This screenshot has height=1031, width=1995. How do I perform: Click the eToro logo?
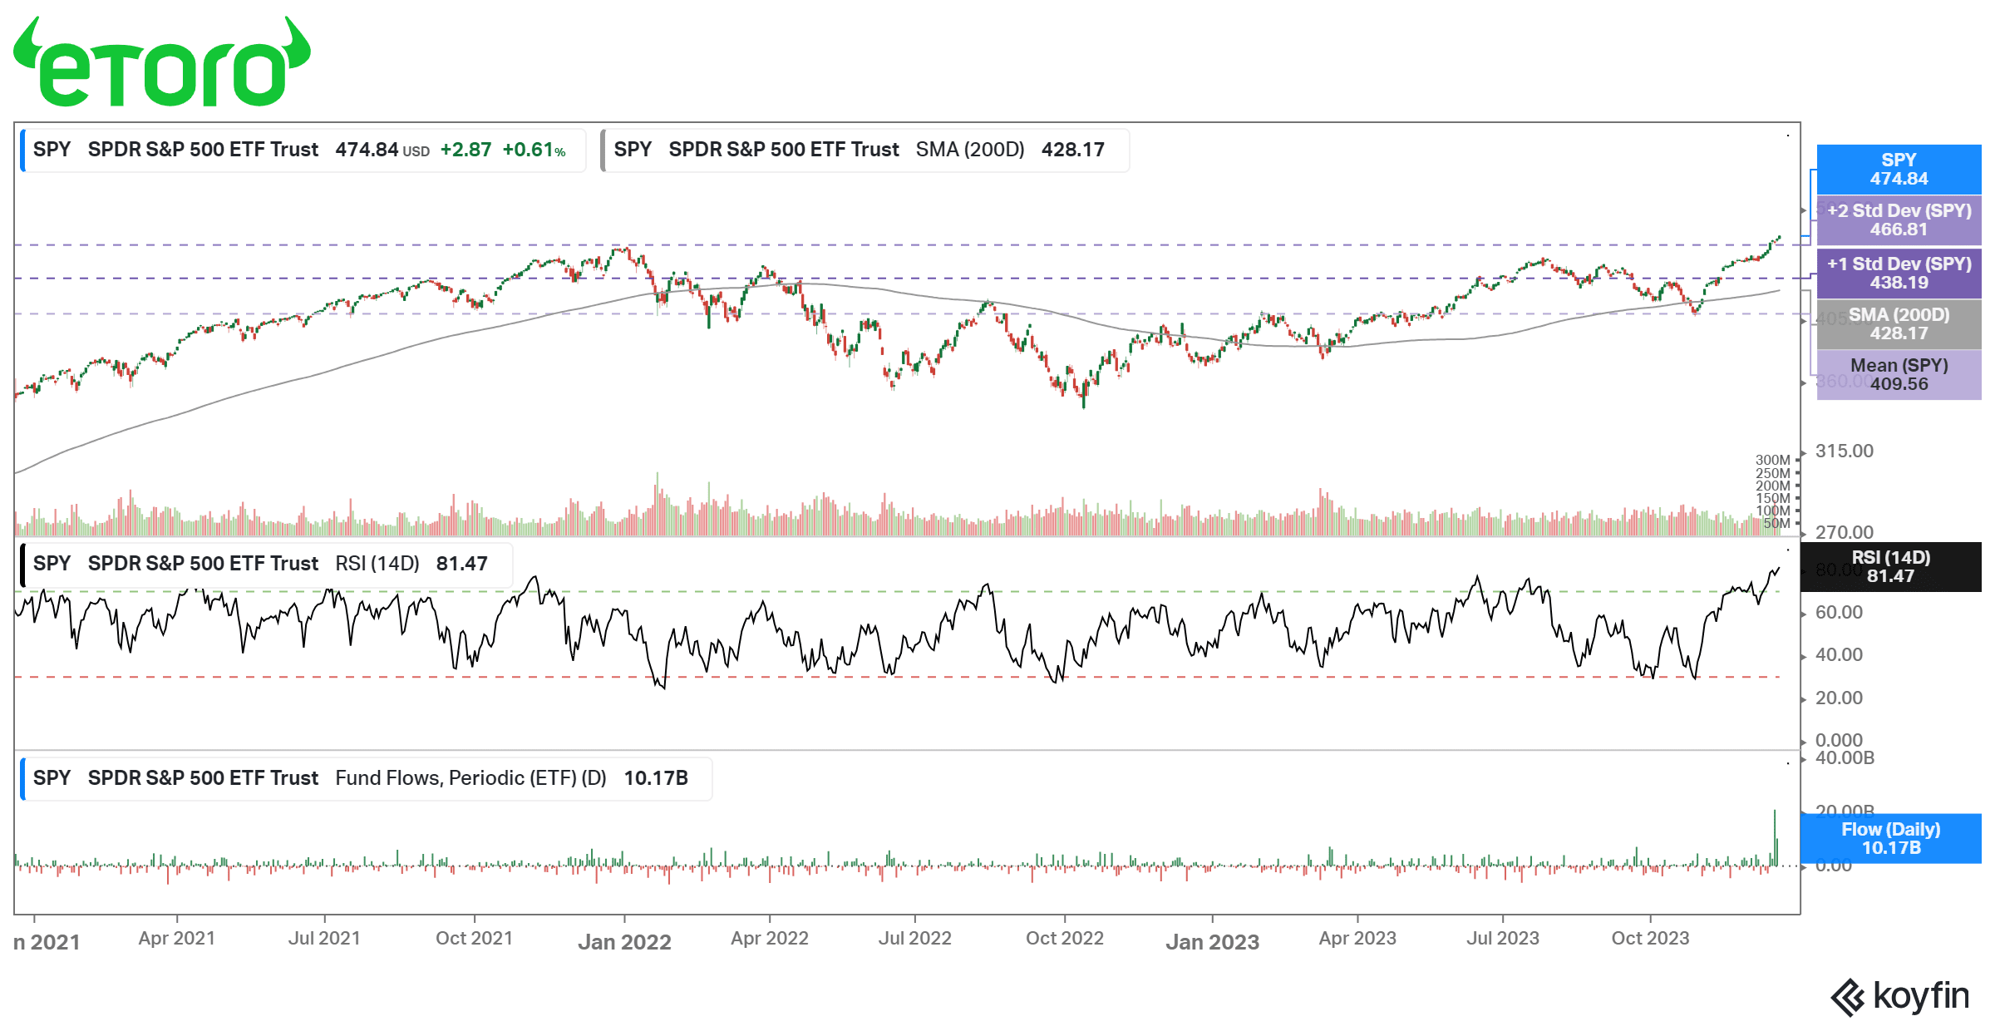(x=162, y=62)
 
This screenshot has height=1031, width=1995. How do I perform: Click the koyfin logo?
(x=1899, y=996)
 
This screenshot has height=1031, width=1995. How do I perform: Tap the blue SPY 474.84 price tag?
(x=1899, y=170)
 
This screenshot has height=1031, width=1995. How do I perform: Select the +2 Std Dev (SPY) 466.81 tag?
(x=1899, y=220)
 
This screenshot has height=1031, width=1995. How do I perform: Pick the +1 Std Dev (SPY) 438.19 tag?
(x=1899, y=274)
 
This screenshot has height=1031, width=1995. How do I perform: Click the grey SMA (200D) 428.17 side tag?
(x=1899, y=324)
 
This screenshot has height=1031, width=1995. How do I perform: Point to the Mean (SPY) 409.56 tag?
(x=1899, y=375)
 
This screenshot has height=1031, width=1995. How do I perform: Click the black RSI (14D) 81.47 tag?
(x=1890, y=567)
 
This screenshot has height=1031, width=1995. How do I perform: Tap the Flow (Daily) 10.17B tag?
(x=1890, y=839)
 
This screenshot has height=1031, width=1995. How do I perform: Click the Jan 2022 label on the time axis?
(x=624, y=942)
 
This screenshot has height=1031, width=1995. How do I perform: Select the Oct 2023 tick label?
(x=1650, y=939)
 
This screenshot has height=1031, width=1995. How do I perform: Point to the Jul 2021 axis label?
(x=324, y=939)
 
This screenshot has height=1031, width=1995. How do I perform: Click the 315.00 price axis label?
(x=1844, y=451)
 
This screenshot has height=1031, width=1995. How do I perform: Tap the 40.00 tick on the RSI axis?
(x=1839, y=655)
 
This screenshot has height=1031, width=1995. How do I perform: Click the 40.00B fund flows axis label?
(x=1845, y=758)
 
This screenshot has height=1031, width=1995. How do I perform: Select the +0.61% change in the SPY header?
(x=534, y=150)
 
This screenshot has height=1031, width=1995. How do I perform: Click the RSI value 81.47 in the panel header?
(x=461, y=564)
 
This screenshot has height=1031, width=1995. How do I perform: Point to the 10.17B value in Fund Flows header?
(x=656, y=778)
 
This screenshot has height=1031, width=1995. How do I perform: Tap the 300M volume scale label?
(x=1772, y=460)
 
